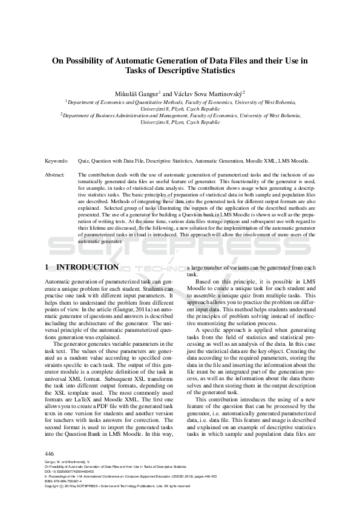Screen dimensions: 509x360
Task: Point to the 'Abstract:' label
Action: [x=56, y=174]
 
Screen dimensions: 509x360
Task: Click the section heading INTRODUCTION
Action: [x=87, y=267]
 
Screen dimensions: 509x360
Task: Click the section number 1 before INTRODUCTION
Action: [x=48, y=267]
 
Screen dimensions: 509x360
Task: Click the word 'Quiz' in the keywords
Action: [x=83, y=162]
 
